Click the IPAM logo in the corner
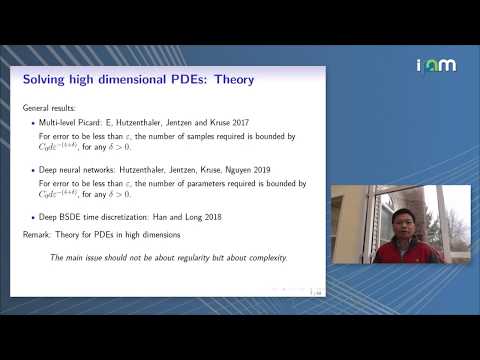pyautogui.click(x=436, y=65)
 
